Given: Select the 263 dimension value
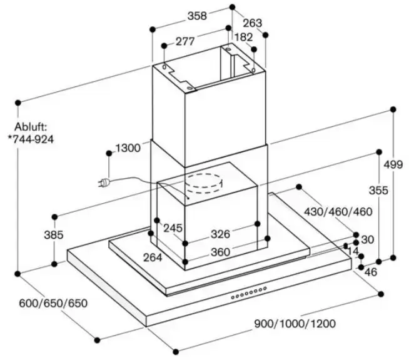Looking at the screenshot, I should [x=252, y=23].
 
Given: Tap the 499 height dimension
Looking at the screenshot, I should [x=393, y=164].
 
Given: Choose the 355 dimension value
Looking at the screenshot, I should [x=378, y=189].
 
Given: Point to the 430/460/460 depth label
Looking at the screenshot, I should [x=338, y=212].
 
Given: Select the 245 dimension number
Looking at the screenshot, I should [x=173, y=228].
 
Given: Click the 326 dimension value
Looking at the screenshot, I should [x=220, y=234].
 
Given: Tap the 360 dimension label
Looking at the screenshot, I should [x=220, y=252].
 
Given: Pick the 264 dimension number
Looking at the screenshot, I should [x=152, y=257].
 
